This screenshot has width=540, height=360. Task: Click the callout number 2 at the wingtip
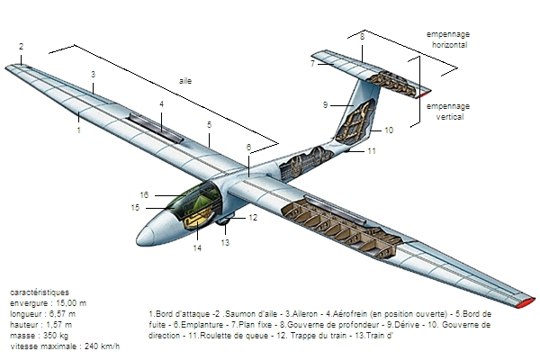click(21, 46)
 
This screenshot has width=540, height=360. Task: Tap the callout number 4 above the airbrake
click(161, 104)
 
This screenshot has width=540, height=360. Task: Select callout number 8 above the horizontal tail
click(362, 37)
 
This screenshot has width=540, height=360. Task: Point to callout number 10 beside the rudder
click(389, 130)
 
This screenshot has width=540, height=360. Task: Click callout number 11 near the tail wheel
click(372, 151)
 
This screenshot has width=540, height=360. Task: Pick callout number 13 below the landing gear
click(226, 242)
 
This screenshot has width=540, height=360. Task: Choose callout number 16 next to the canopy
click(144, 193)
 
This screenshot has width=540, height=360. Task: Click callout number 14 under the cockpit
click(197, 248)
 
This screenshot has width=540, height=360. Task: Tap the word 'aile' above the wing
click(186, 80)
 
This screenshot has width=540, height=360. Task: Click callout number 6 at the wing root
click(248, 147)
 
